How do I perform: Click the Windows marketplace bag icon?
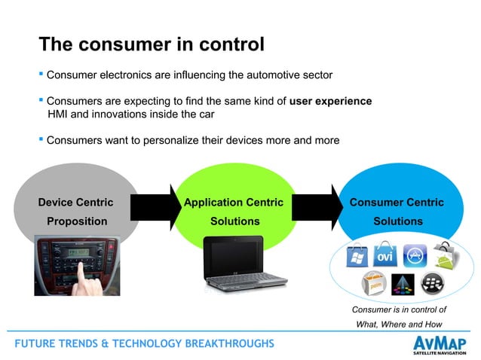click(357, 256)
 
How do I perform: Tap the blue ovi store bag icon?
click(385, 255)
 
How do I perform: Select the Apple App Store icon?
click(415, 256)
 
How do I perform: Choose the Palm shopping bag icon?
click(375, 285)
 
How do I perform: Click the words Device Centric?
click(75, 202)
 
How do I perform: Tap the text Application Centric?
click(234, 202)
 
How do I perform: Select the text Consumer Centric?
click(397, 202)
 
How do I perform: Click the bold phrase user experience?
click(331, 101)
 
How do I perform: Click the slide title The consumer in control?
click(151, 44)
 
